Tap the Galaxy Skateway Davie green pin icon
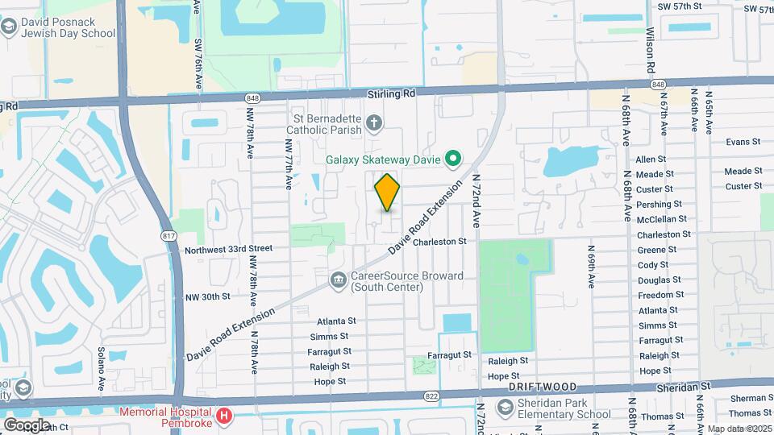point(453,159)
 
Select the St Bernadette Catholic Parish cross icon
point(373,123)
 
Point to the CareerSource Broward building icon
point(338,280)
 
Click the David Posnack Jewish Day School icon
point(9,28)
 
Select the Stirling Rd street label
point(391,93)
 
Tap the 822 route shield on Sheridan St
point(431,396)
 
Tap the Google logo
point(27,425)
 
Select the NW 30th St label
point(207,296)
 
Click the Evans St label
point(743,142)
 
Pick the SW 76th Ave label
point(197,39)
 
